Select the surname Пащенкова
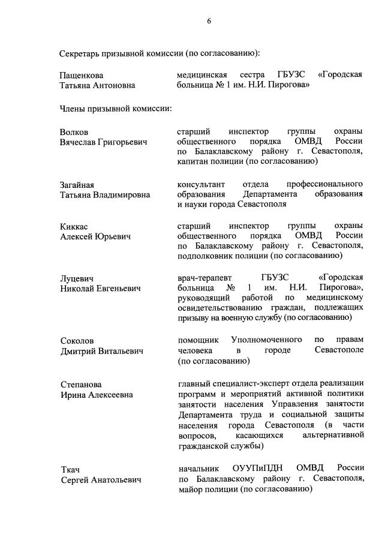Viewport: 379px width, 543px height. [82, 75]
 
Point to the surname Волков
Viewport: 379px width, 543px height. [74, 131]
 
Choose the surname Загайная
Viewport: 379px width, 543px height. [77, 184]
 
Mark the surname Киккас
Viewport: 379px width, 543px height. [74, 226]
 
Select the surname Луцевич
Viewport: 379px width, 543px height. [76, 278]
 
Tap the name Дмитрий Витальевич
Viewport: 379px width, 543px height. [101, 351]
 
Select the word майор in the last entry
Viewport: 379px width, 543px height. [191, 489]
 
